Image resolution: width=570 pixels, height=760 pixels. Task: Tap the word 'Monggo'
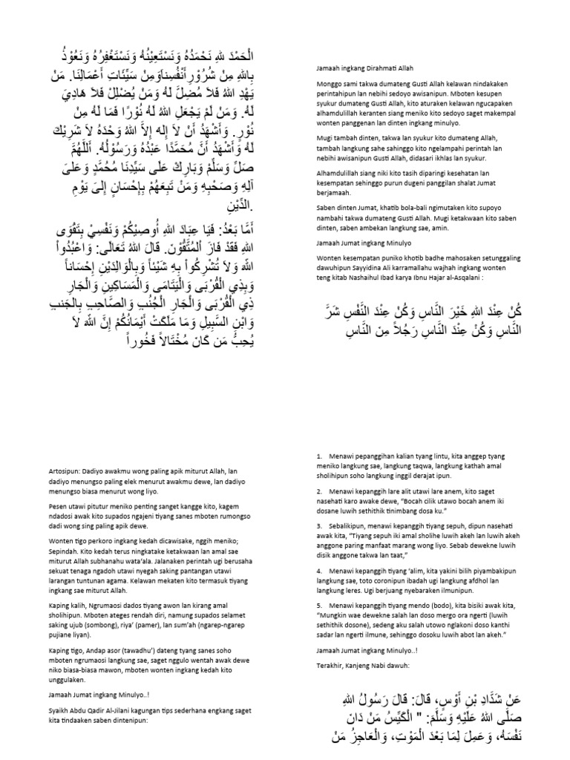click(328, 85)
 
